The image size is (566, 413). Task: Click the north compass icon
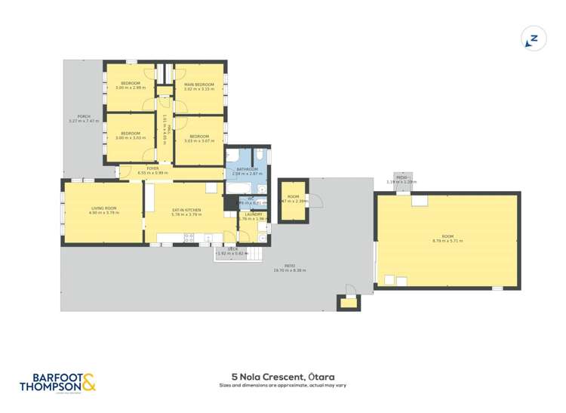[534, 39]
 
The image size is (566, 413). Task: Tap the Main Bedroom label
[199, 84]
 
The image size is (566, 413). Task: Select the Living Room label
[104, 208]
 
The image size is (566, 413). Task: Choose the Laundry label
[253, 214]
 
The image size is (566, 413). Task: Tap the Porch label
[84, 116]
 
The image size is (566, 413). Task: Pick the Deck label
[233, 248]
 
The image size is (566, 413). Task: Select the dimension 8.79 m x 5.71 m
[448, 241]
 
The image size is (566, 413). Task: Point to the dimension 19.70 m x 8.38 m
[285, 270]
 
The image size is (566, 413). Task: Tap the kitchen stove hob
[189, 238]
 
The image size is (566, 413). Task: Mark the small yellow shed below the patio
[348, 304]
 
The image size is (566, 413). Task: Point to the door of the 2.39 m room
[317, 201]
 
